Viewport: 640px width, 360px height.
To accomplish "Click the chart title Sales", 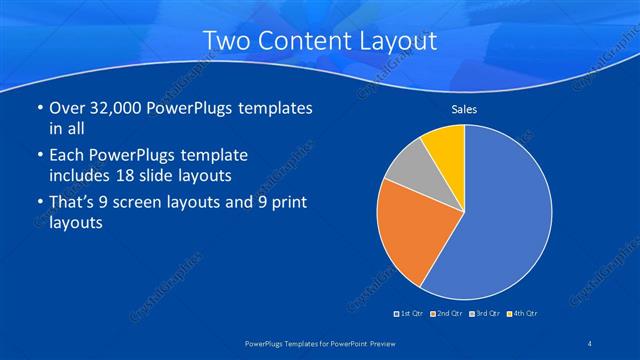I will pyautogui.click(x=464, y=109).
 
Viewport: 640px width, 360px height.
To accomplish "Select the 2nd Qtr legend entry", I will pyautogui.click(x=447, y=314).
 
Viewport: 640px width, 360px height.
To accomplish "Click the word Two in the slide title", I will pyautogui.click(x=225, y=41).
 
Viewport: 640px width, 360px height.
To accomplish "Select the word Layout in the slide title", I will pyautogui.click(x=400, y=41).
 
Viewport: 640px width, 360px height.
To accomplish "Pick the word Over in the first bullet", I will pyautogui.click(x=69, y=109).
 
